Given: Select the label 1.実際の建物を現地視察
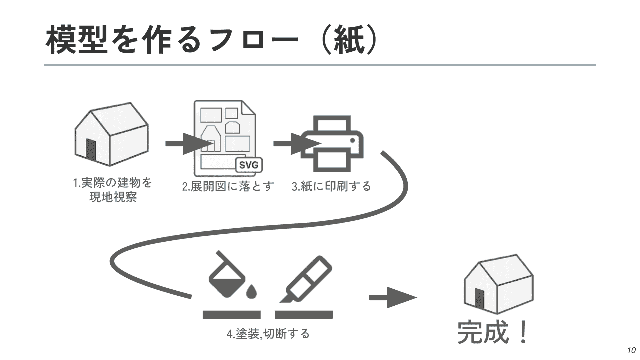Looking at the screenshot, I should click(113, 190).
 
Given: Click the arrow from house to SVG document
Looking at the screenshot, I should click(187, 143).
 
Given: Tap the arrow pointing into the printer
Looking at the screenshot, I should click(295, 143).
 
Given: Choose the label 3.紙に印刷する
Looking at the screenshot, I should click(332, 187).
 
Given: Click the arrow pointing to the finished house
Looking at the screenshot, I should click(392, 298).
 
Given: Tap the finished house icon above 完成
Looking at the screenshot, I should click(498, 285).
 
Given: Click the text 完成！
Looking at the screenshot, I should click(493, 332).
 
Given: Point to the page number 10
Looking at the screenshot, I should click(631, 349).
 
